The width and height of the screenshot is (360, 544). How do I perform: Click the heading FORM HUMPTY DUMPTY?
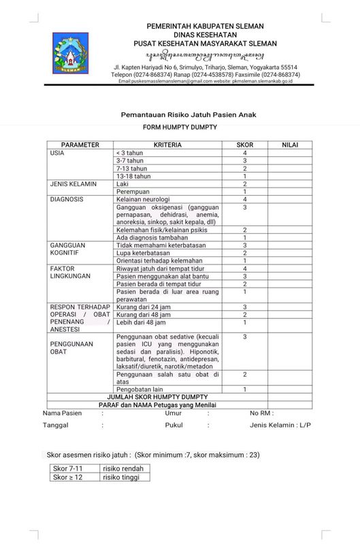tap(180, 128)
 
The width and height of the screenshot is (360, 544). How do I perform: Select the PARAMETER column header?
tap(80, 145)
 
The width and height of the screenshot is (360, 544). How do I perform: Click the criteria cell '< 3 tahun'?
tap(133, 153)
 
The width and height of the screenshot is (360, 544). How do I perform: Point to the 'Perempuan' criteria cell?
tap(135, 192)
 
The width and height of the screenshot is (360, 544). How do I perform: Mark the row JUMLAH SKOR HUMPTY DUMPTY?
tap(157, 396)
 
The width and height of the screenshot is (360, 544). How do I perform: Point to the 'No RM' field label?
tap(262, 413)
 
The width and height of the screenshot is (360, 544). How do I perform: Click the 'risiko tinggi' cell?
tap(122, 477)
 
